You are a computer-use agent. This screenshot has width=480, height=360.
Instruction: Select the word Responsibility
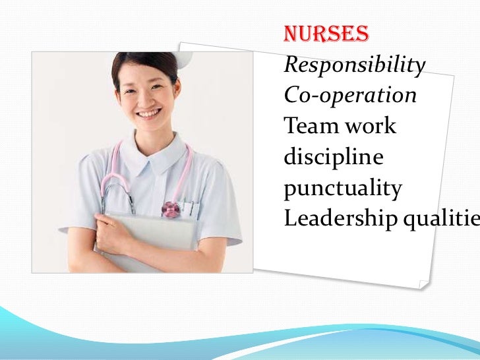pyautogui.click(x=355, y=65)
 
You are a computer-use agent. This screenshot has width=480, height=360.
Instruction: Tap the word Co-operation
pyautogui.click(x=350, y=95)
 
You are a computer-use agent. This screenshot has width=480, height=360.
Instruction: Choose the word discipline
pyautogui.click(x=333, y=159)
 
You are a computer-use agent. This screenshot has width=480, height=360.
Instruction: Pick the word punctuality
pyautogui.click(x=342, y=190)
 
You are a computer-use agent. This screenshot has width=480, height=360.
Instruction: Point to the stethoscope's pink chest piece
pyautogui.click(x=171, y=210)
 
